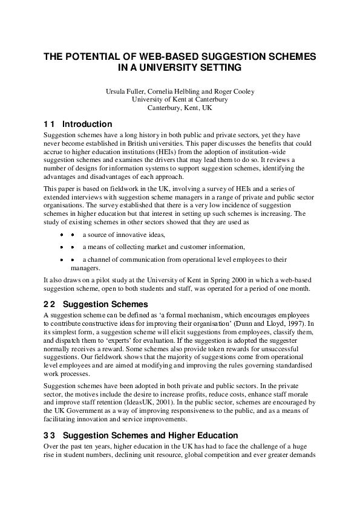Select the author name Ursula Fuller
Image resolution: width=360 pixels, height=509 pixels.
(x=125, y=91)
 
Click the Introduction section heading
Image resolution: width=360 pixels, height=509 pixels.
(x=87, y=124)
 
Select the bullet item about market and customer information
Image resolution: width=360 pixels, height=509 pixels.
(x=163, y=247)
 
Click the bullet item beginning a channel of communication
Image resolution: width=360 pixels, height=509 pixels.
(x=185, y=259)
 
